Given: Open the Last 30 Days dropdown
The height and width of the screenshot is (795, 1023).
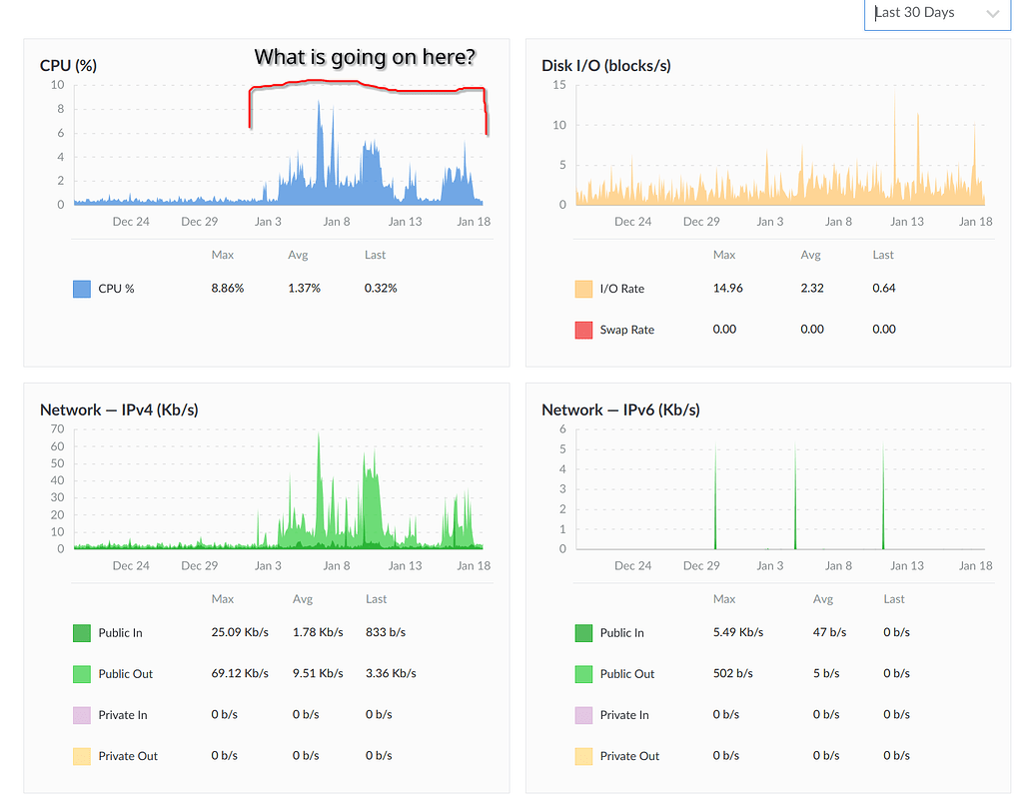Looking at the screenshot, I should [x=936, y=13].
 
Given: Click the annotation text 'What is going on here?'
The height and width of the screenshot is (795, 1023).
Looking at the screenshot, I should [x=365, y=57].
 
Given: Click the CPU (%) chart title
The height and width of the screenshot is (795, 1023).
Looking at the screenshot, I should [x=68, y=66].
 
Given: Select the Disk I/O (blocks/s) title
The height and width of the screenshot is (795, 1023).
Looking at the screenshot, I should [x=605, y=66].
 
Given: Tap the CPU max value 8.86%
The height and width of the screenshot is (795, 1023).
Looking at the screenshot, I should [x=227, y=289].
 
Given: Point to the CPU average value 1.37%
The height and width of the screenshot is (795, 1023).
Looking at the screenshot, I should [x=304, y=289].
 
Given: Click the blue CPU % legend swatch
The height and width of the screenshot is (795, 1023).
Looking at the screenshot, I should [x=82, y=289].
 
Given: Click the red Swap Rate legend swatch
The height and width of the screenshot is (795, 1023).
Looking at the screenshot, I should [x=583, y=330].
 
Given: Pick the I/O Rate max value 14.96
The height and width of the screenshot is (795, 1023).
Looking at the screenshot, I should [x=726, y=289].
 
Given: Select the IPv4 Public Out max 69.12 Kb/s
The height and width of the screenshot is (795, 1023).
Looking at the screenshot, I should [x=240, y=674].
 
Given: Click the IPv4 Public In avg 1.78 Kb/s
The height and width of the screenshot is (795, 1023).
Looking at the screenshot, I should [x=318, y=633].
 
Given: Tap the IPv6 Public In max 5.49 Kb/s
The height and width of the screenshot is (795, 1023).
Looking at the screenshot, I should [x=738, y=633].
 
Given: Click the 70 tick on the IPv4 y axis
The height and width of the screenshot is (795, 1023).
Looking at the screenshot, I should [x=57, y=429].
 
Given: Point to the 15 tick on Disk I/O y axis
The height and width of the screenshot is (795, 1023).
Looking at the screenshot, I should [x=559, y=85].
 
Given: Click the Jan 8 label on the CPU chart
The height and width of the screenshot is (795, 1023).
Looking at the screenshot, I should [x=336, y=222].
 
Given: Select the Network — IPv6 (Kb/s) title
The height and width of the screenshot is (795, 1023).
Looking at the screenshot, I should [x=620, y=410].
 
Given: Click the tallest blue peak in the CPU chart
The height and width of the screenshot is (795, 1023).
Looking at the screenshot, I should [x=319, y=103].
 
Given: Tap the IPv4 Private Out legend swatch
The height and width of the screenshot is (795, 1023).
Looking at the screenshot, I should [x=82, y=756].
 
